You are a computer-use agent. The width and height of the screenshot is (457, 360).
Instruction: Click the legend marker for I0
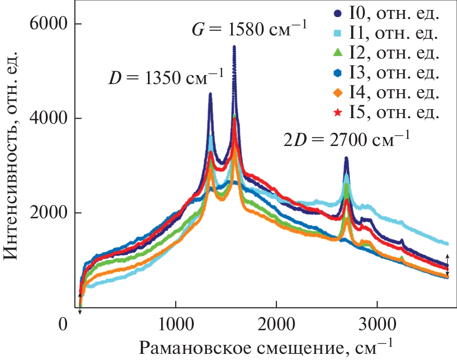click(x=337, y=15)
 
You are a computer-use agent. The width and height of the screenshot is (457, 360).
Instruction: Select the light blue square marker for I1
click(x=337, y=34)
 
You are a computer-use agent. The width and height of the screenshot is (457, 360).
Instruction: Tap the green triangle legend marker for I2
click(x=337, y=53)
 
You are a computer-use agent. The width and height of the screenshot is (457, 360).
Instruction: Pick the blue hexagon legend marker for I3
click(x=337, y=73)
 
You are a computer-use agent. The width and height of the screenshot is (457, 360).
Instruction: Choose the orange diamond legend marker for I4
click(x=337, y=93)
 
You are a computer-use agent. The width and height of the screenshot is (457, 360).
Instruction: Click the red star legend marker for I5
click(x=337, y=112)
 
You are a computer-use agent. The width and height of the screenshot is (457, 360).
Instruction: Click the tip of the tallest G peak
click(x=234, y=47)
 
